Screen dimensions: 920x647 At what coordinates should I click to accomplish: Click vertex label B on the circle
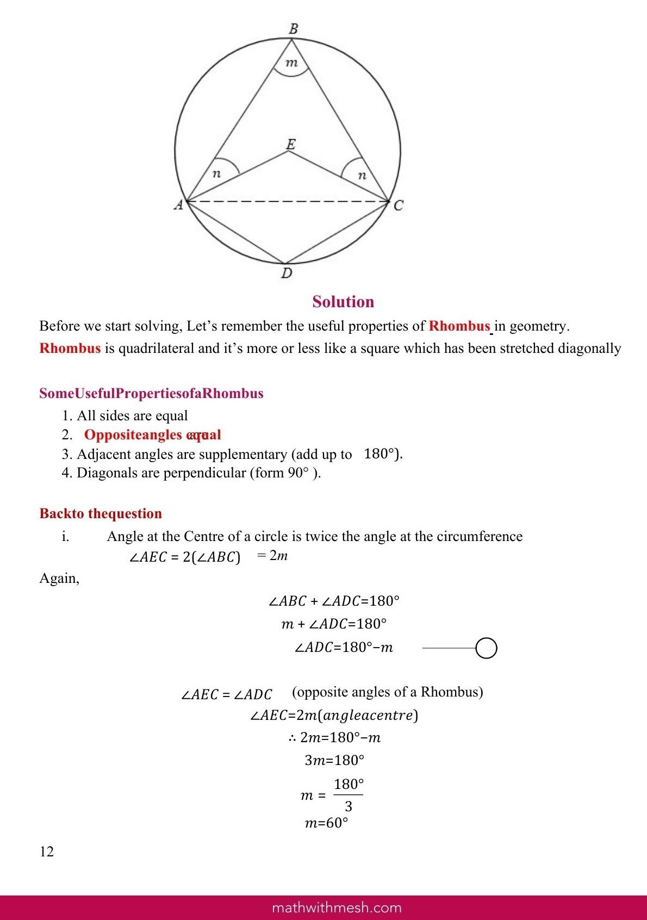293,29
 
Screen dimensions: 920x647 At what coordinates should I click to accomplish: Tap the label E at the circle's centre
291,145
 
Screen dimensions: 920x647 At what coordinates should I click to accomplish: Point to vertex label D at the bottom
287,273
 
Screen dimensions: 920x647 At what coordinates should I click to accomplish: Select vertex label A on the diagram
178,205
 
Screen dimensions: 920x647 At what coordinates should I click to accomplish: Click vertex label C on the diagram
399,206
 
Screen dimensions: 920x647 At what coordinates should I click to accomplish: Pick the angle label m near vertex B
292,63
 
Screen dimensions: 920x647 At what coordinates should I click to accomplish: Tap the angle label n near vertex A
216,174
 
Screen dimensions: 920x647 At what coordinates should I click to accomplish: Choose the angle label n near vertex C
362,175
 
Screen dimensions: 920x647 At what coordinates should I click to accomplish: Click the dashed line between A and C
288,202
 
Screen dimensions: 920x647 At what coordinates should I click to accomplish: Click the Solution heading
343,302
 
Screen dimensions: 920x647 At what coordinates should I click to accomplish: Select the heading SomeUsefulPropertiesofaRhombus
151,393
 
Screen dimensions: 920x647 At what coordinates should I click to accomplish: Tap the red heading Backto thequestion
101,513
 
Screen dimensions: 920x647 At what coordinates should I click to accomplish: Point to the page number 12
47,851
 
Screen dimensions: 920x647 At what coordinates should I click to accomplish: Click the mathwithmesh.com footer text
337,907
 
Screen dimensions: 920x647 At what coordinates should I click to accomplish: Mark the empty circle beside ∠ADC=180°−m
486,648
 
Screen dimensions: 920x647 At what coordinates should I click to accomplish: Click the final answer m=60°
326,823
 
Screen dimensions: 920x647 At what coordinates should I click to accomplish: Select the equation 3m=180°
334,760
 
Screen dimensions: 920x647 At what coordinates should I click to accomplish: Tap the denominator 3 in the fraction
349,806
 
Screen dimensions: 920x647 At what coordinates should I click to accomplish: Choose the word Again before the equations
59,578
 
